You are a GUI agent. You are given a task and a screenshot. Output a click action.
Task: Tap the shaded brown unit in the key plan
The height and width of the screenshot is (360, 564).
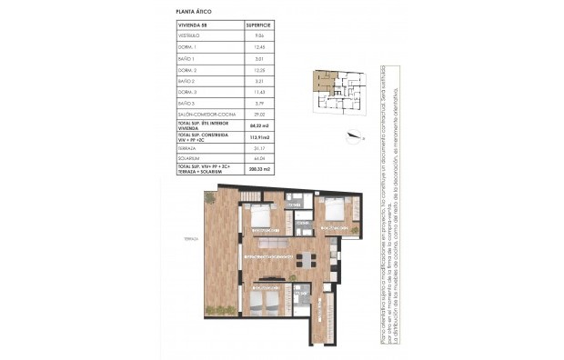[319, 84]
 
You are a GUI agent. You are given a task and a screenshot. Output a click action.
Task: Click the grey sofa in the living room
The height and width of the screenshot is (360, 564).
[274, 245]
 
